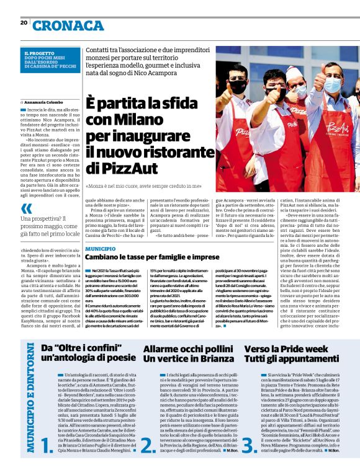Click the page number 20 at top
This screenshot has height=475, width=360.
tap(23, 22)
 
